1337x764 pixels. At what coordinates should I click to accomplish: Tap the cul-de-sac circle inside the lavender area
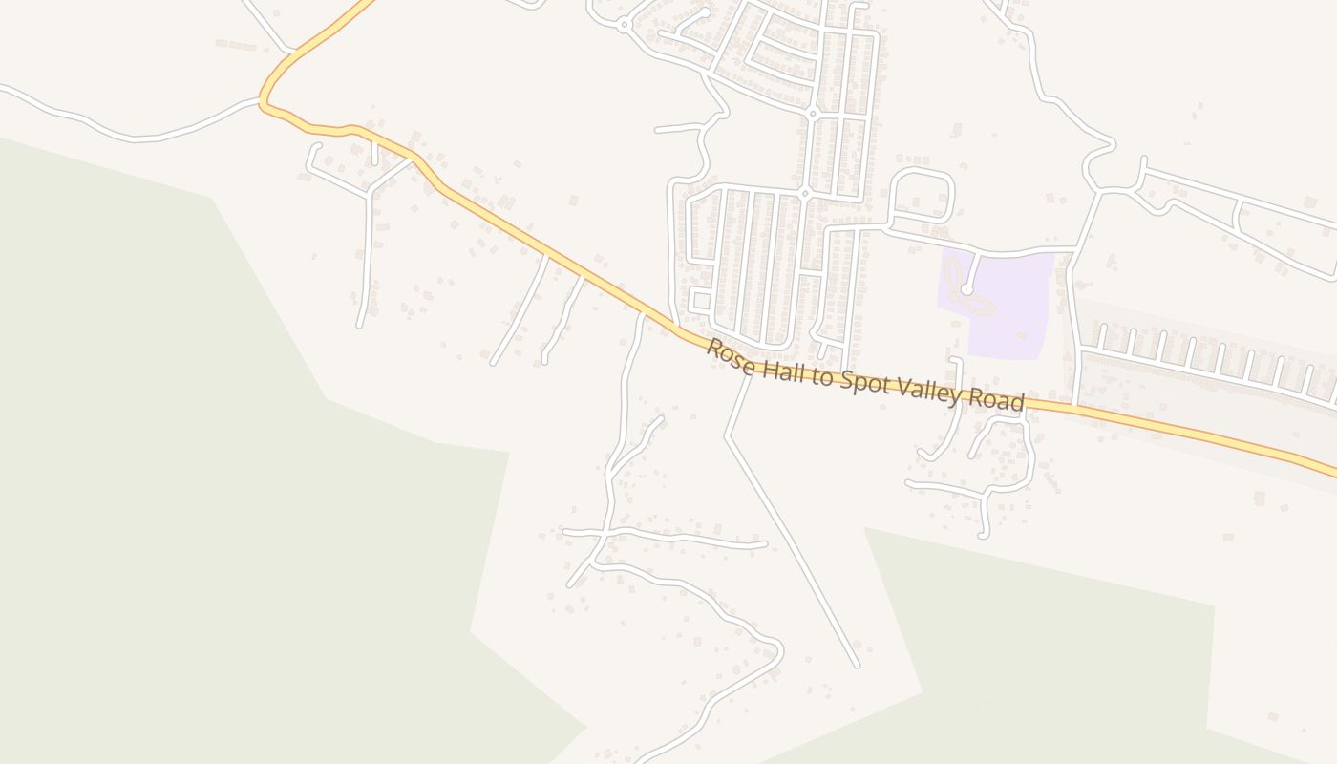[966, 288]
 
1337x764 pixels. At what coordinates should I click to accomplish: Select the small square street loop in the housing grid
[700, 301]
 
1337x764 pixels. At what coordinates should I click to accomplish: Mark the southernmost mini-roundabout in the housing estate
[805, 193]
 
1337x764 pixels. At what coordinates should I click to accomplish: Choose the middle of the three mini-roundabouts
[813, 114]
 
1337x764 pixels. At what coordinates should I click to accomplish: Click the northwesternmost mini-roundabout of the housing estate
[624, 23]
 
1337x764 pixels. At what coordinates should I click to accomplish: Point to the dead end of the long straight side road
[857, 665]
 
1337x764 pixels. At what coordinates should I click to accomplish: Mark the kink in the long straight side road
[727, 437]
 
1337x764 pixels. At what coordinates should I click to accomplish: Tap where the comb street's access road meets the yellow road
[1076, 407]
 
